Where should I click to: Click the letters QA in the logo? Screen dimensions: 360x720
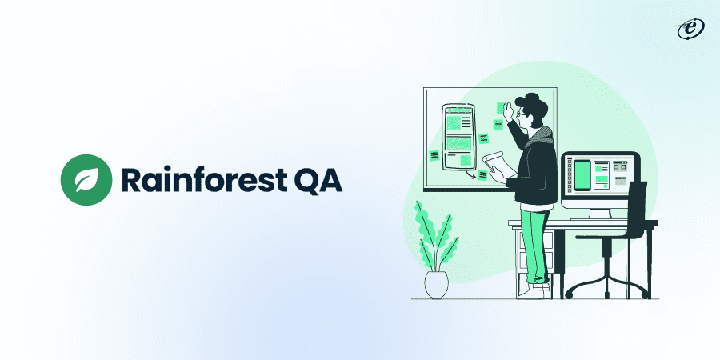(x=316, y=178)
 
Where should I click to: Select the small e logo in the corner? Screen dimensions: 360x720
(x=686, y=29)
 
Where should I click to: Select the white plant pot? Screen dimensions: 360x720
(x=437, y=285)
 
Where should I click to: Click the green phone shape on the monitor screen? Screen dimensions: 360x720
(x=583, y=175)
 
